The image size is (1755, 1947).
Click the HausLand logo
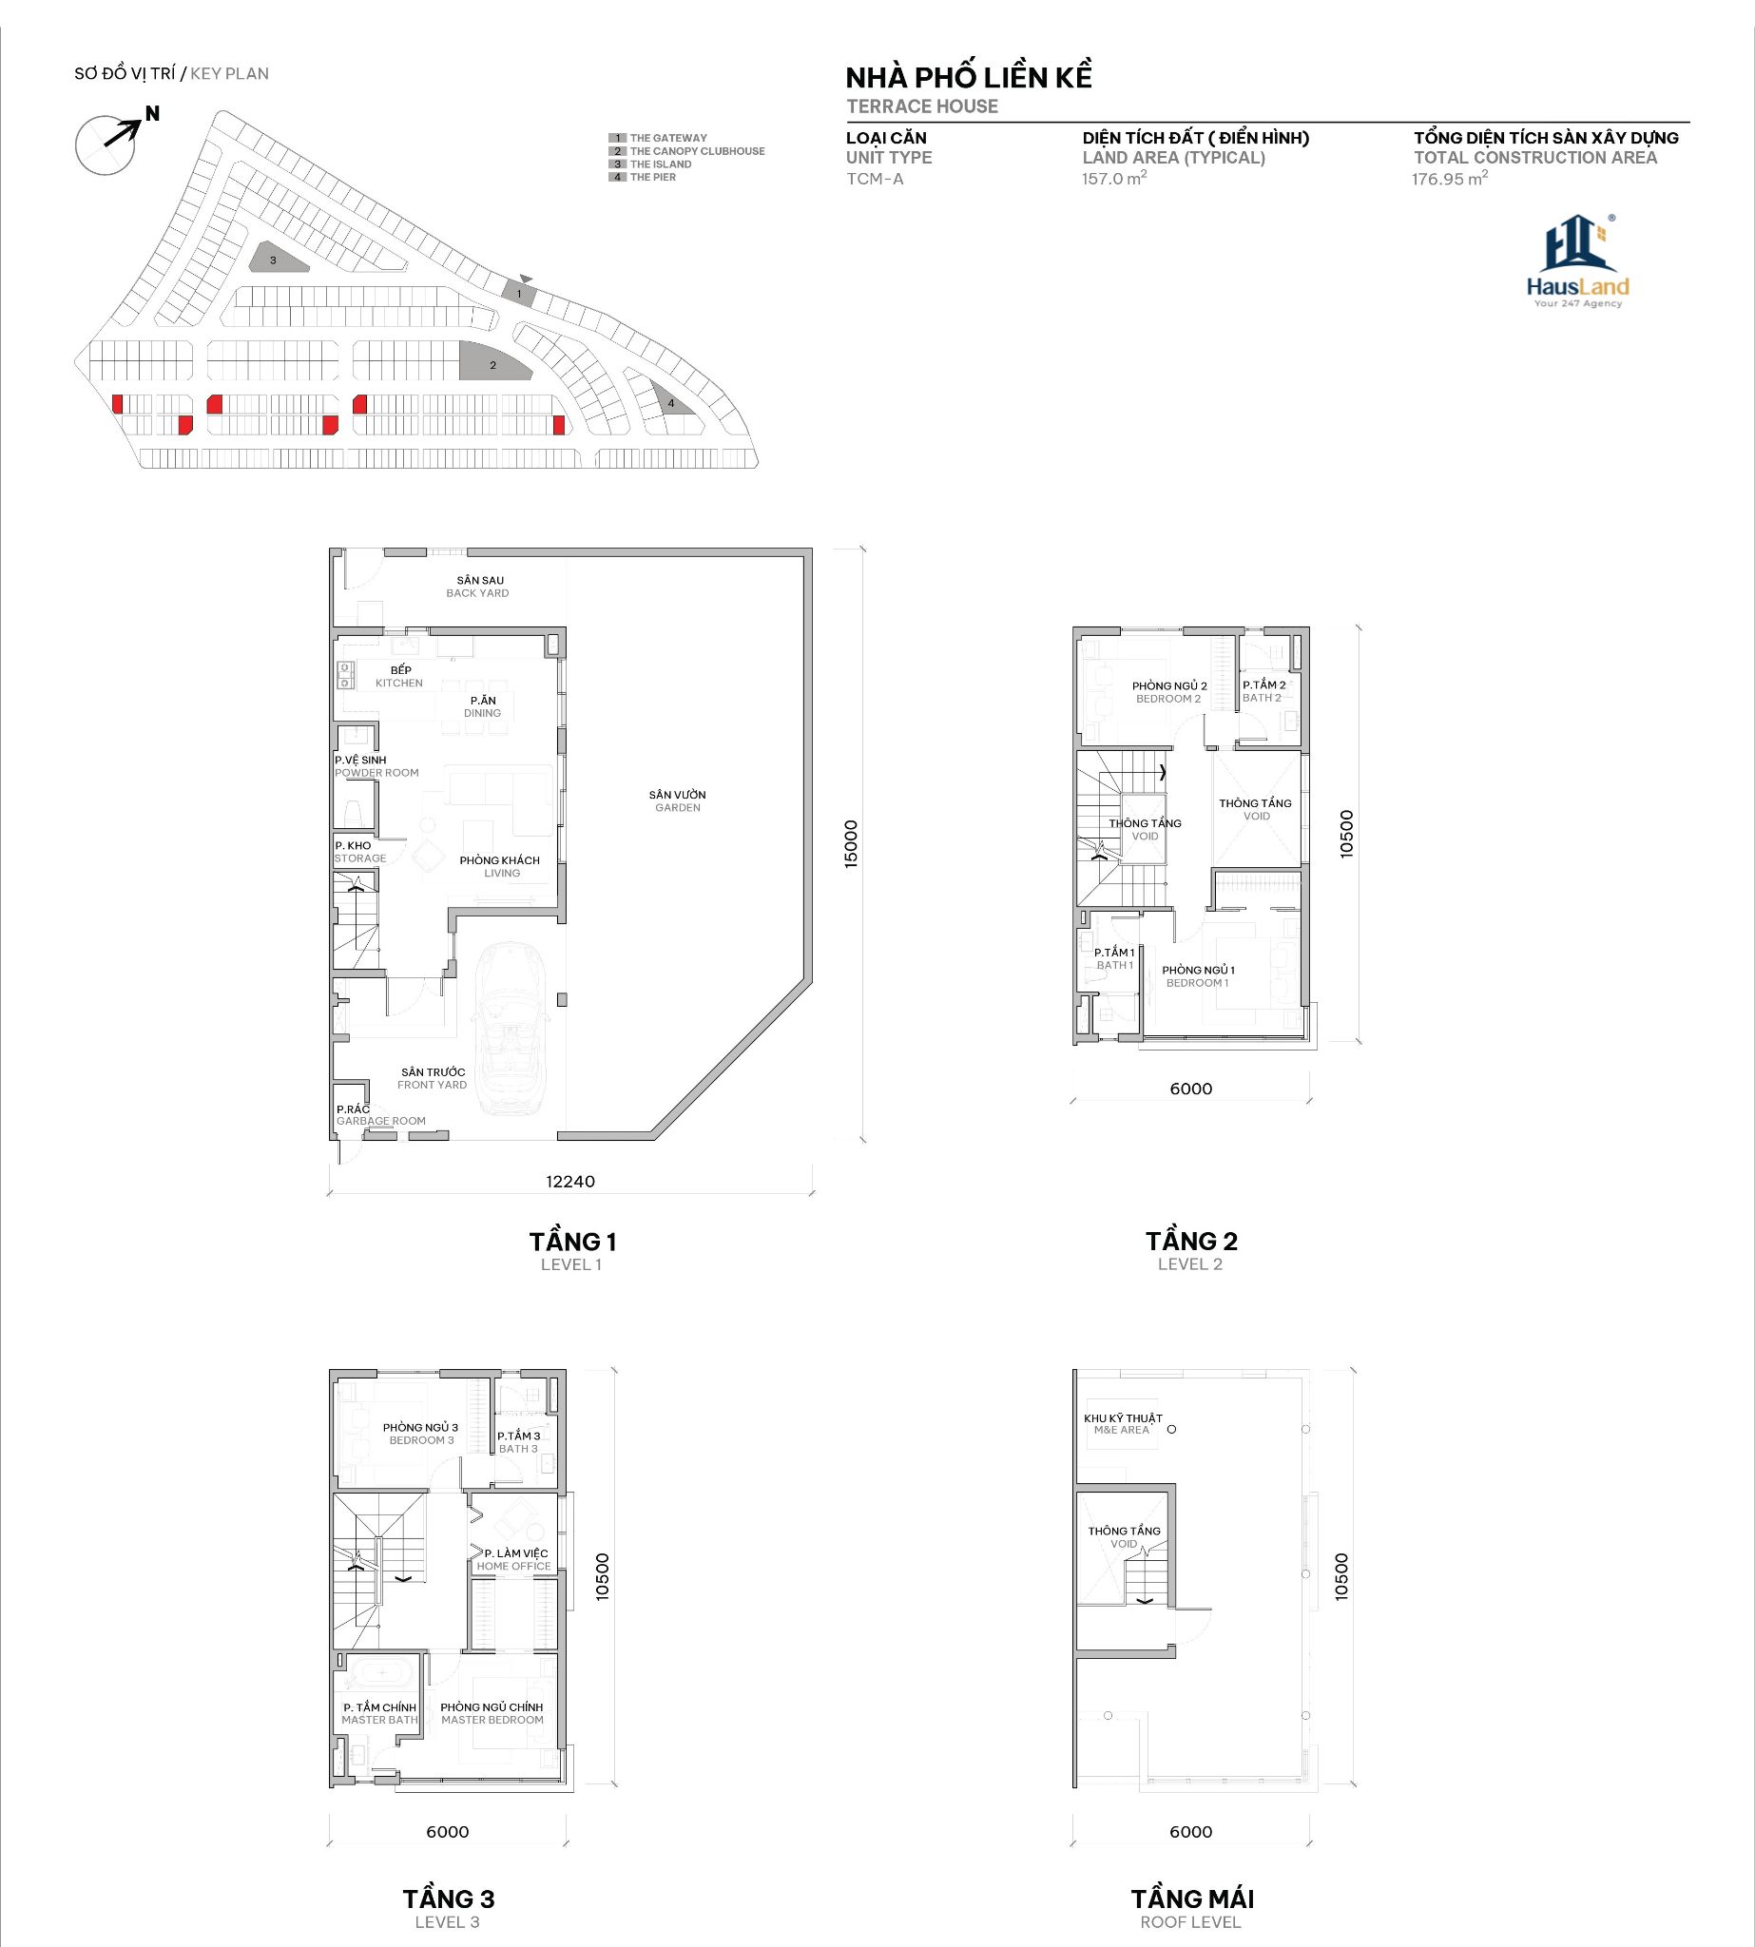point(1577,260)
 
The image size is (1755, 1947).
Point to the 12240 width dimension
point(570,1182)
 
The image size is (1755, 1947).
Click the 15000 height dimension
point(851,844)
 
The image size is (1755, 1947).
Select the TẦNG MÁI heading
point(1193,1899)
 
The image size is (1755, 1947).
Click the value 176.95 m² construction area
point(1449,179)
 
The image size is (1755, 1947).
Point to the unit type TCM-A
point(875,179)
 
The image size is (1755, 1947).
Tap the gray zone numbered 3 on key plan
point(277,258)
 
